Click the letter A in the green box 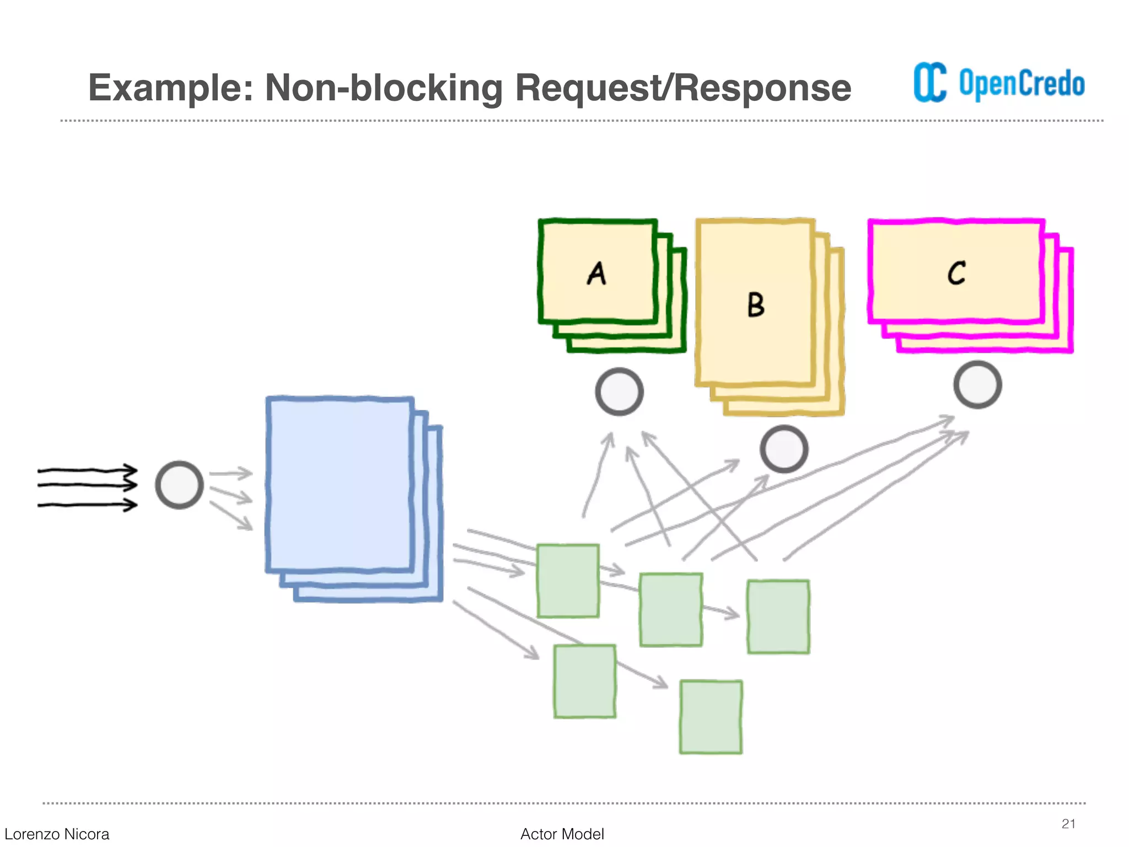click(x=596, y=274)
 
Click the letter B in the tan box click(x=756, y=304)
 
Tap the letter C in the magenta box click(x=956, y=272)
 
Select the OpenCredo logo click(x=999, y=83)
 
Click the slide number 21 click(x=1068, y=824)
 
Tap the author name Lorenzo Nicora click(x=57, y=834)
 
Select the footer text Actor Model click(x=562, y=834)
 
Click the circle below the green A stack click(x=619, y=392)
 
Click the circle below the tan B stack click(x=783, y=449)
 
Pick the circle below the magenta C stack click(x=977, y=384)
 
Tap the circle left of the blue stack click(x=179, y=485)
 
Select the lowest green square click(x=711, y=717)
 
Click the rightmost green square click(x=778, y=617)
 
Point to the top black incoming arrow click(x=87, y=470)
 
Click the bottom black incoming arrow click(x=87, y=505)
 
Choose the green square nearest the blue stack click(x=568, y=581)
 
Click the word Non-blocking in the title click(x=384, y=88)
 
